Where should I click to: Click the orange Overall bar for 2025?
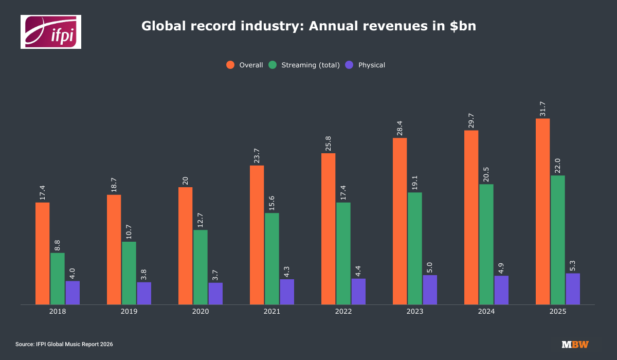542,211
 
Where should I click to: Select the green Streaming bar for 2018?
58,279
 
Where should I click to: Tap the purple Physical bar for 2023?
430,290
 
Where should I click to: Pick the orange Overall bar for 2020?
186,246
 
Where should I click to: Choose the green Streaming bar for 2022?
343,254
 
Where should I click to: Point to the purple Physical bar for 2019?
144,293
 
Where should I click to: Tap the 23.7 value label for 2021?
257,155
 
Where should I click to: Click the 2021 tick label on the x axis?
272,312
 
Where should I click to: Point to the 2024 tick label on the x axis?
486,312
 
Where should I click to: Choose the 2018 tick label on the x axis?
58,312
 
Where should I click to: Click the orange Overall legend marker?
230,65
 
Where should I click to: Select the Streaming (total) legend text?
311,65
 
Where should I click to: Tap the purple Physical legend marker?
350,65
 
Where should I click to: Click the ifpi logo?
51,32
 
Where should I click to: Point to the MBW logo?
575,344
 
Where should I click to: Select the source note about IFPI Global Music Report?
64,344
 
